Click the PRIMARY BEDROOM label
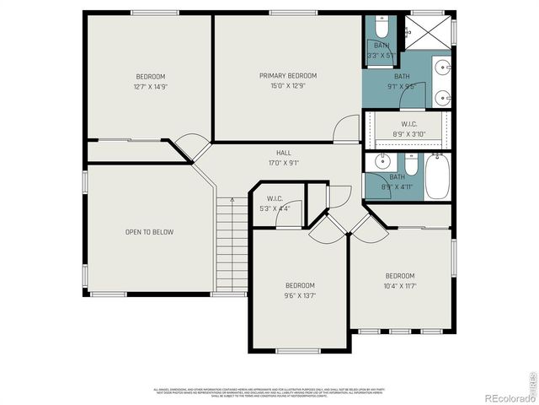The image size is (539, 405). (x=287, y=75)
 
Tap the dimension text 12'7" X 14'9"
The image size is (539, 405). (x=150, y=87)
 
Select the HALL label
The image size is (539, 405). (x=283, y=153)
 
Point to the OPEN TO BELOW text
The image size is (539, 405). (x=150, y=232)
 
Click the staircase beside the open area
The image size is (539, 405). (x=229, y=246)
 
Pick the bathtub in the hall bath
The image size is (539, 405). (x=437, y=175)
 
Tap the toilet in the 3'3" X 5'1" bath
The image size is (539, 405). (x=382, y=25)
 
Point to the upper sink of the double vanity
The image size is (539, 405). (x=443, y=65)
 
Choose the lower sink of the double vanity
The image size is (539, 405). (x=443, y=94)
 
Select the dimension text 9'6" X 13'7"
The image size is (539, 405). (x=299, y=295)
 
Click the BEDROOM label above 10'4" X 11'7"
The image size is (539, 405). (x=400, y=276)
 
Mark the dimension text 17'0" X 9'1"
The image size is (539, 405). (x=283, y=163)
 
